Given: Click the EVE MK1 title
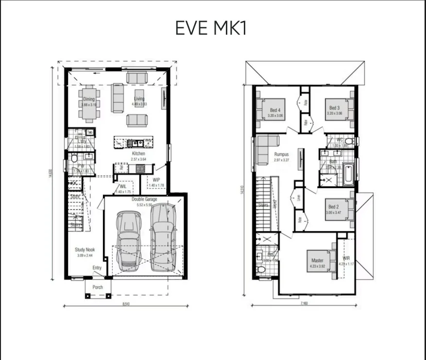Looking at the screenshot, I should point(211,28).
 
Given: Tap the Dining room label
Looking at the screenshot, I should point(89,100).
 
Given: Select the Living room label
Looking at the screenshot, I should point(139,99).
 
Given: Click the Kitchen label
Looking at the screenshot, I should point(138,154).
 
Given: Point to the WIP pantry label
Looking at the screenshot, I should point(156,180).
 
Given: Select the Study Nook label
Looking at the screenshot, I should point(84,250).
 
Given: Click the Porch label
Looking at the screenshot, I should point(98,287).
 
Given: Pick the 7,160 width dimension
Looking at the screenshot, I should point(304,304).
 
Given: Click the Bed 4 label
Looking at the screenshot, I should point(275,110).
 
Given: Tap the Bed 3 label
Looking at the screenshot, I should point(334,108).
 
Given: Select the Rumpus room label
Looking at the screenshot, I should point(281,154).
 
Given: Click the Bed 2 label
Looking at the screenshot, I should point(333,207).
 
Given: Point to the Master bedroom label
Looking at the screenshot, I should point(317,260).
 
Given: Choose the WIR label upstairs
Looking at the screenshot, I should point(346,258).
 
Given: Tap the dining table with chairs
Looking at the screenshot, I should point(89,103).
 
